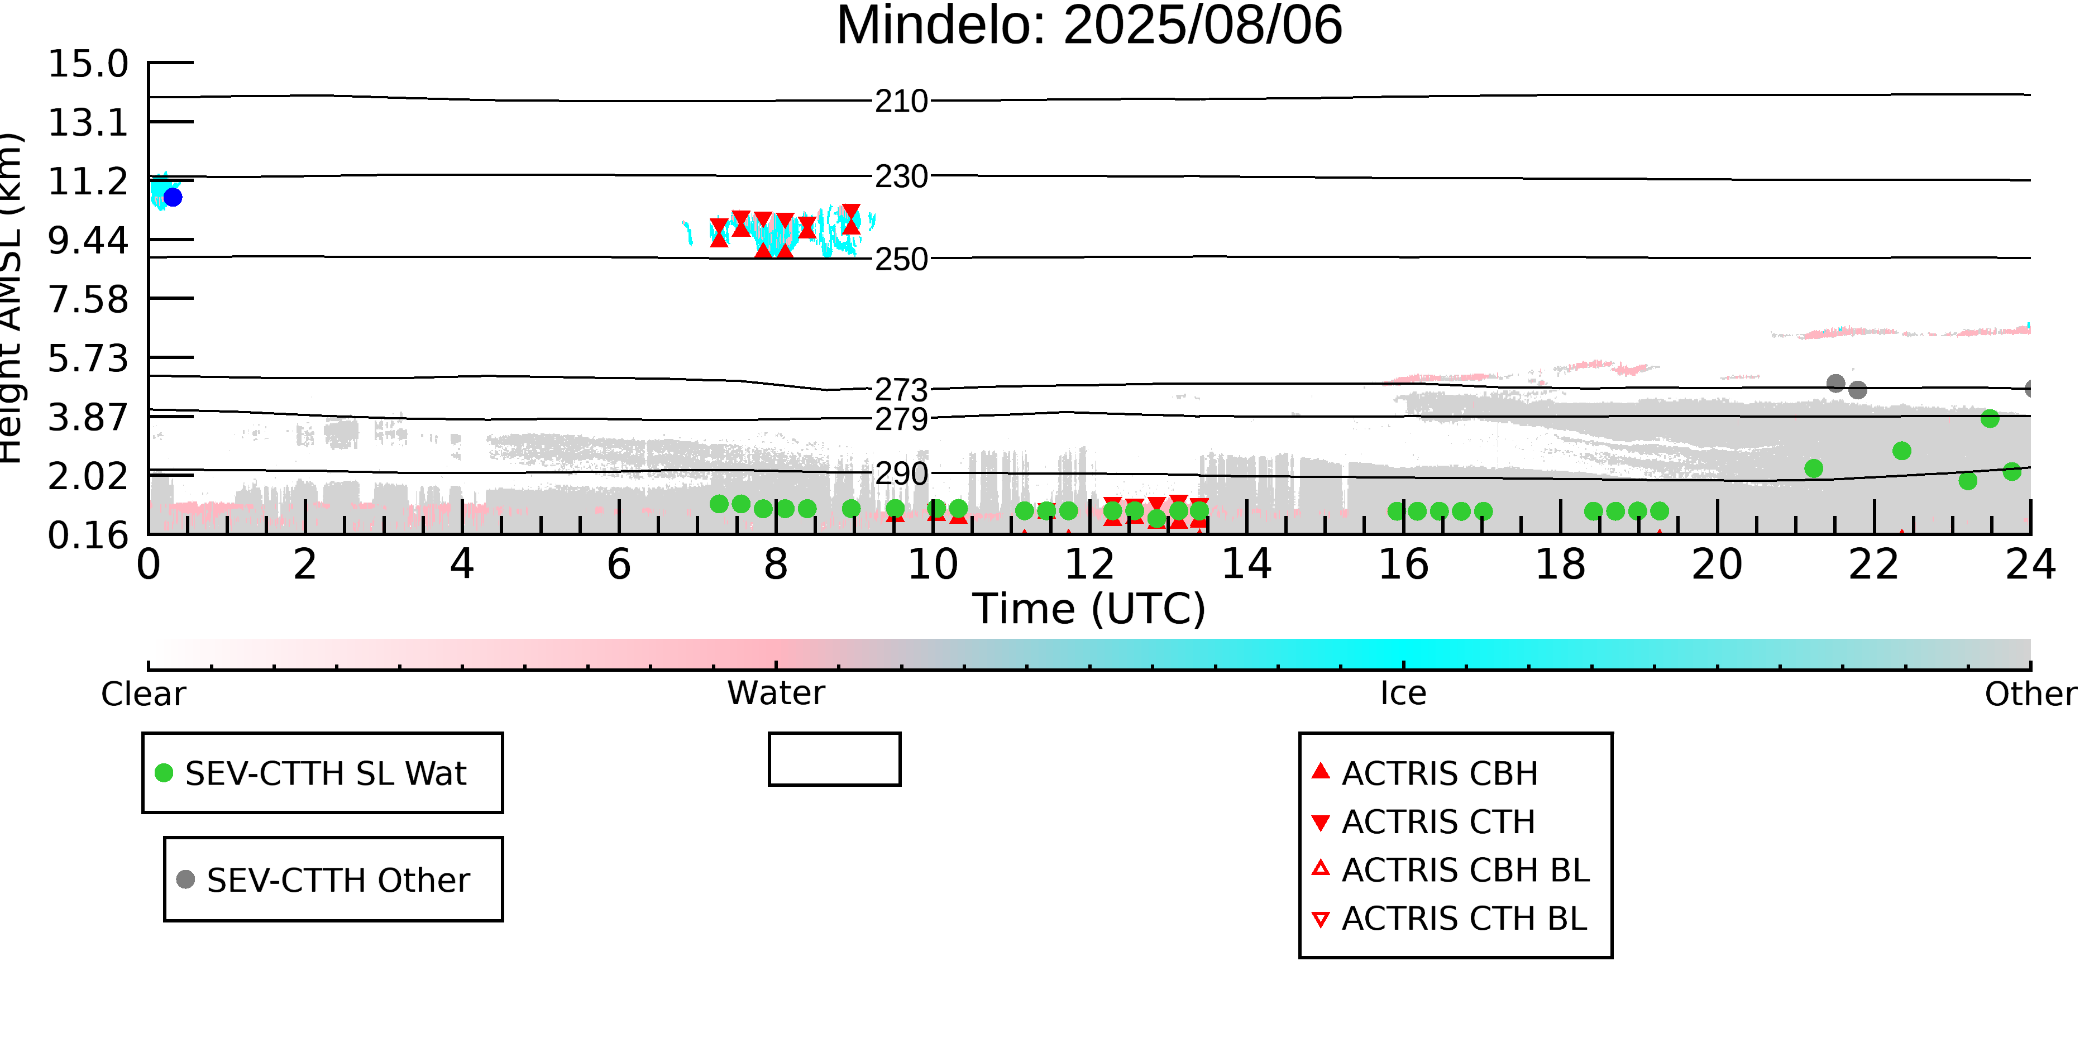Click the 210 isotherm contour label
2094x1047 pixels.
pyautogui.click(x=901, y=101)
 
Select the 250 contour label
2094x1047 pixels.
pyautogui.click(x=901, y=259)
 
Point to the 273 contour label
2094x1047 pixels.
pyautogui.click(x=901, y=390)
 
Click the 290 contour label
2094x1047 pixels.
pyautogui.click(x=901, y=473)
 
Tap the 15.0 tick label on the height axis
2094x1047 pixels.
pyautogui.click(x=88, y=64)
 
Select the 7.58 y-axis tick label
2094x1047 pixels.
pyautogui.click(x=88, y=299)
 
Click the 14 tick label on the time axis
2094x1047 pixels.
pyautogui.click(x=1246, y=564)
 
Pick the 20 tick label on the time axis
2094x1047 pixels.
pyautogui.click(x=1717, y=564)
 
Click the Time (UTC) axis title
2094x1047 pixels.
pyautogui.click(x=1089, y=608)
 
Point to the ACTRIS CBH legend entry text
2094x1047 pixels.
pyautogui.click(x=1440, y=773)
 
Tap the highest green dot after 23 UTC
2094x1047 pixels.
pyautogui.click(x=1989, y=419)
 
